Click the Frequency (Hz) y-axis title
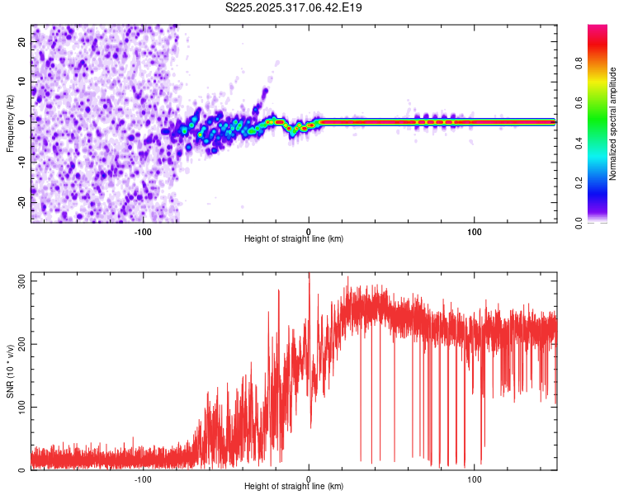[10, 123]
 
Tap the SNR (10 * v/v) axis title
[10, 371]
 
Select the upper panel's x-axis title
[294, 238]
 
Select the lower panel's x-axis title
[294, 486]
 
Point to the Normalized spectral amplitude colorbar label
[613, 124]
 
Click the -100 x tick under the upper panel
[143, 230]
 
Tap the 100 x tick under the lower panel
[475, 478]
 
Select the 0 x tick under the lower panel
[309, 478]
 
